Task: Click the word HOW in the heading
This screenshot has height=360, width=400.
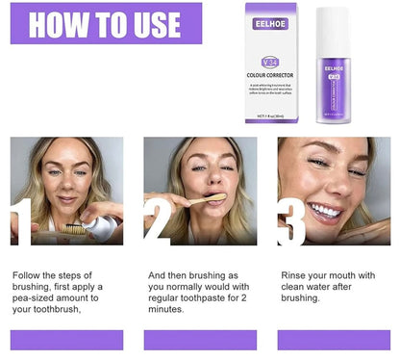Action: tap(59, 23)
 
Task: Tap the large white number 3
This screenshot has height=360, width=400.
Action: tap(293, 223)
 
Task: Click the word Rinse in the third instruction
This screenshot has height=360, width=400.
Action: tap(295, 274)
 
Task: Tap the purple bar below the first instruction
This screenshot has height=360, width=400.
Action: tap(66, 339)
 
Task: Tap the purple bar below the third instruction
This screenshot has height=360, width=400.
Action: tap(334, 339)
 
